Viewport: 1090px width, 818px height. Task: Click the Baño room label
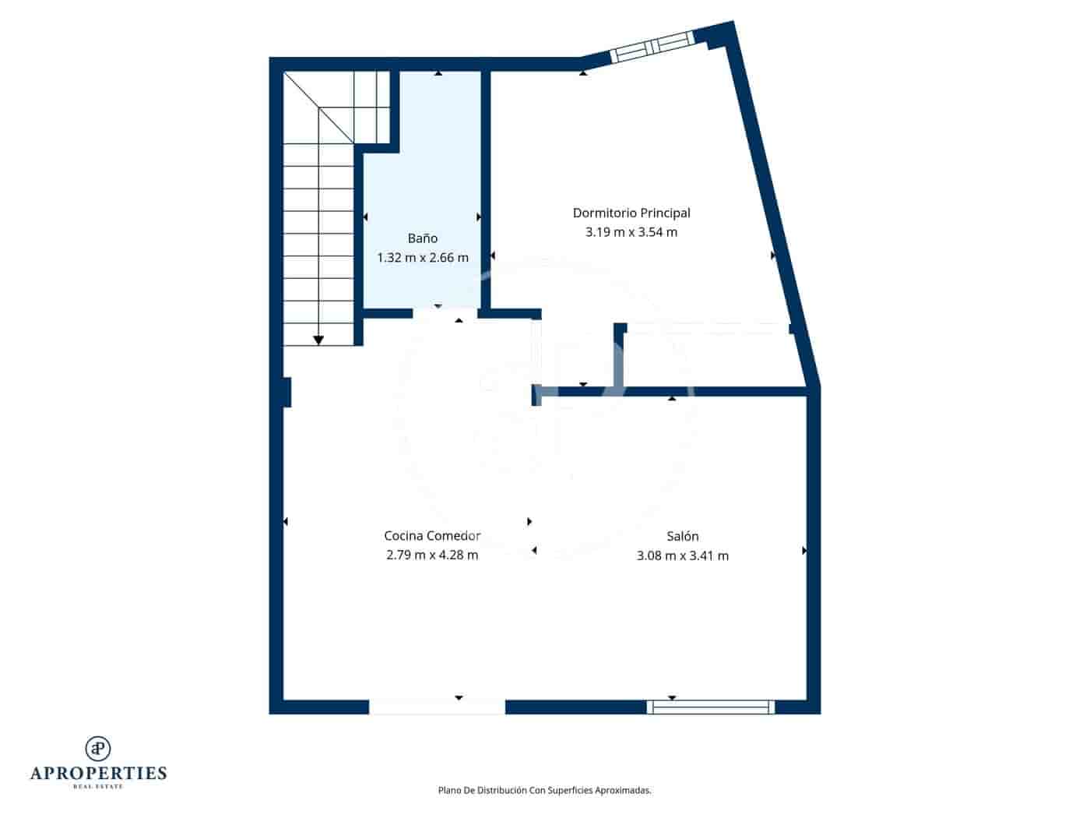coord(422,238)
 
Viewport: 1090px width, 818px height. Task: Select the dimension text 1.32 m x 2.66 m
coord(422,258)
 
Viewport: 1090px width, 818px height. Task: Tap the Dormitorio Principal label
coord(631,213)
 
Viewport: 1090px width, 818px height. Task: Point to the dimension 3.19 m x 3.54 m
coord(631,232)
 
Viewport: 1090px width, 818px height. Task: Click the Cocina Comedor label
coord(432,536)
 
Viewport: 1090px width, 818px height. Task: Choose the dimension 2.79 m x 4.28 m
coord(432,555)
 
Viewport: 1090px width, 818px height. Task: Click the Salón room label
coord(683,536)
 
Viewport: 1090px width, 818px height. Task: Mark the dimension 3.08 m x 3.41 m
coord(683,555)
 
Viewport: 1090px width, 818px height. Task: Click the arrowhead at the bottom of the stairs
coord(318,340)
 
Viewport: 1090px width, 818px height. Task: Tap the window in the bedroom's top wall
coord(651,48)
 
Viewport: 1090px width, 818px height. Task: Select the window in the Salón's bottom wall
coord(710,707)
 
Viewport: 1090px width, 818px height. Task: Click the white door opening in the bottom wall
coord(437,707)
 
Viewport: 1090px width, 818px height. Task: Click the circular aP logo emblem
coord(98,748)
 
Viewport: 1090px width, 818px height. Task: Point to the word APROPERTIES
coord(98,774)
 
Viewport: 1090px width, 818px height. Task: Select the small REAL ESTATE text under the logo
coord(98,787)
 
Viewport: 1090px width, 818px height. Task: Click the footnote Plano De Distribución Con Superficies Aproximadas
coord(544,790)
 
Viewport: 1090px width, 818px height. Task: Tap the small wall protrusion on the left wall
coord(287,392)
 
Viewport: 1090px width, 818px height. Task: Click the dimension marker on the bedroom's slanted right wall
coord(773,256)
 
